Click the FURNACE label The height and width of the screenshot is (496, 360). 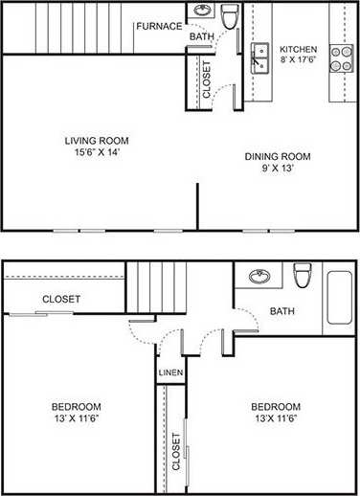point(158,26)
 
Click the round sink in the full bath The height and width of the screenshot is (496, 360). point(259,278)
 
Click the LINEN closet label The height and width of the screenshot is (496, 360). point(171,371)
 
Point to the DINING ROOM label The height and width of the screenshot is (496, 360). point(278,162)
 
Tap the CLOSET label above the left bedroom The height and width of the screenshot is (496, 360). point(61,300)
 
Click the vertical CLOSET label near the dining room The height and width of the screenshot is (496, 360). point(205,79)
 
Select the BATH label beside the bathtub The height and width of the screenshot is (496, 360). point(281,311)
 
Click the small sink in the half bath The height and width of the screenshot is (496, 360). point(202,11)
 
